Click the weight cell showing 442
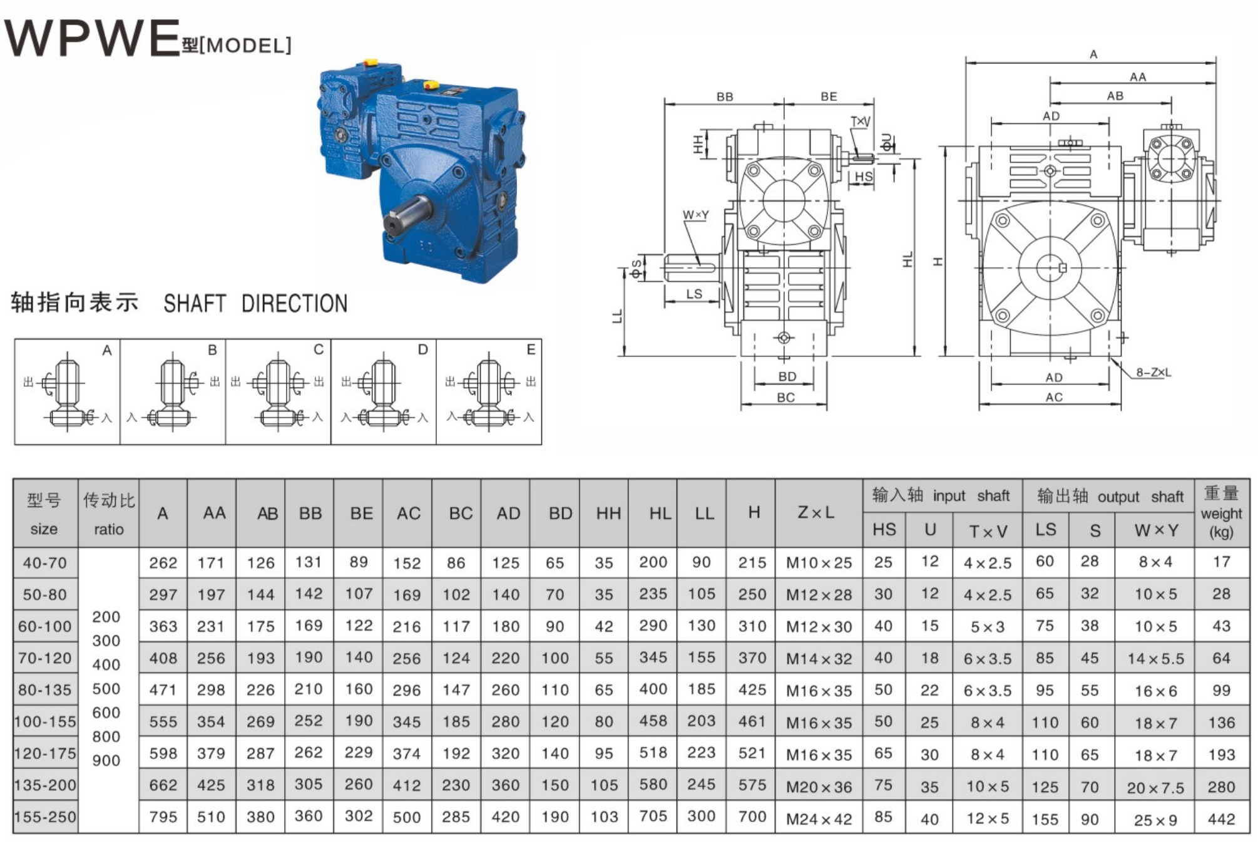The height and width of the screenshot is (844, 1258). tap(1221, 818)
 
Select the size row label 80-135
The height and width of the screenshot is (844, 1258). tap(45, 690)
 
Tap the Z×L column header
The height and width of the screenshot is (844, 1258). tap(816, 513)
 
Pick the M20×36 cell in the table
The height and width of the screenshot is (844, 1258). tap(819, 786)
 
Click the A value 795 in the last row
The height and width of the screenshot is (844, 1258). tap(163, 817)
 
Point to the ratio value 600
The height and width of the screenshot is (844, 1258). tap(106, 713)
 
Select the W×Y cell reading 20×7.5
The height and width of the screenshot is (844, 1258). tap(1155, 788)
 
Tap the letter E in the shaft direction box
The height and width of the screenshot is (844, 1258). tap(531, 349)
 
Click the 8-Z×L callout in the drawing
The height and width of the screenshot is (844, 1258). tap(1153, 373)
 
